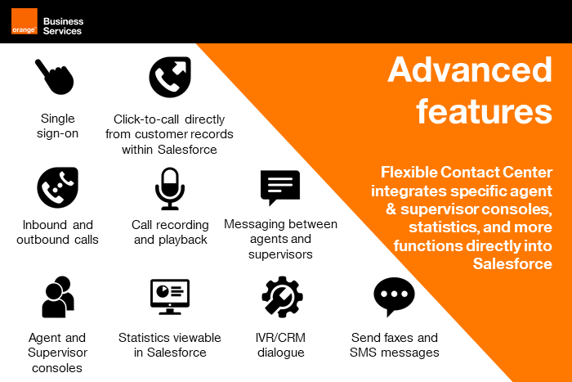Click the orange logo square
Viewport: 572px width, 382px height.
pos(24,21)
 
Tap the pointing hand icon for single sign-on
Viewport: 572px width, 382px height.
pos(54,77)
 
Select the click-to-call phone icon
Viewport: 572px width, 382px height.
pos(169,77)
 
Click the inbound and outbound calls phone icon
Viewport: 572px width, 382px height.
pos(57,187)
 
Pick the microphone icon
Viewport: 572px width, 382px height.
pos(169,188)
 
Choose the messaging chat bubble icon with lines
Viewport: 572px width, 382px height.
pos(280,187)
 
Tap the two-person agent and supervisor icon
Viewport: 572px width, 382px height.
pos(58,297)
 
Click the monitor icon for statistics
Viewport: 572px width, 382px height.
pos(169,296)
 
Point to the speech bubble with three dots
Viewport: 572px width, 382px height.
pos(394,296)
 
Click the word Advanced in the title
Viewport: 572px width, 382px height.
pos(470,70)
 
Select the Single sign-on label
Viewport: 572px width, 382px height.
pos(57,125)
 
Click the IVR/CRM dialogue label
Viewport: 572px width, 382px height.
pos(281,345)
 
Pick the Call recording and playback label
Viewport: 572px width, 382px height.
pos(170,232)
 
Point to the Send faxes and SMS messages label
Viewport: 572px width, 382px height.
pos(395,345)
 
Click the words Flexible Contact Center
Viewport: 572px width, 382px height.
pos(467,173)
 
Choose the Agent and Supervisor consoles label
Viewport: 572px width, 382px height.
pos(57,353)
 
